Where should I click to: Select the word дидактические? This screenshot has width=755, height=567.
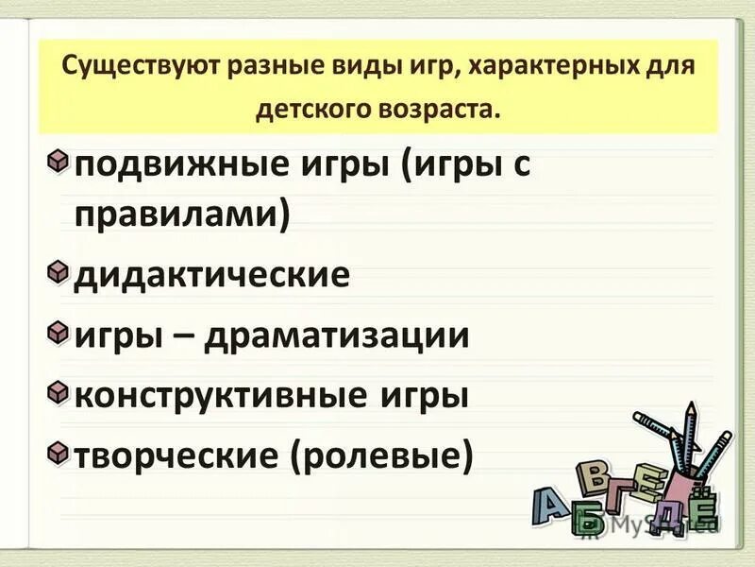(212, 276)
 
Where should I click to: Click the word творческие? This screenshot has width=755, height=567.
(175, 455)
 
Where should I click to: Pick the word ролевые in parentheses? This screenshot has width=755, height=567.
(382, 456)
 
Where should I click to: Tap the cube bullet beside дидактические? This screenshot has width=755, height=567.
(59, 272)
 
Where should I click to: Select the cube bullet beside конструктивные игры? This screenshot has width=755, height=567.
(59, 390)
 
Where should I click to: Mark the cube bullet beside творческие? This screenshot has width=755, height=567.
(59, 451)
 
